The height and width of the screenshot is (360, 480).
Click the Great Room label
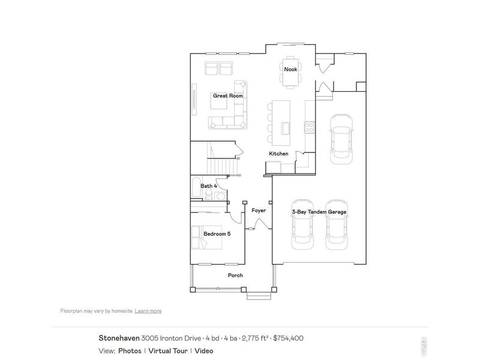pyautogui.click(x=227, y=95)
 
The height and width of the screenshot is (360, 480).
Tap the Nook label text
pyautogui.click(x=290, y=70)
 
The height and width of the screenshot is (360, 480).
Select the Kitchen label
pyautogui.click(x=278, y=154)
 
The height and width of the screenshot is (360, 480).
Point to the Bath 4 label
pyautogui.click(x=208, y=186)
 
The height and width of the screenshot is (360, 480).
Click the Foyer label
pyautogui.click(x=259, y=211)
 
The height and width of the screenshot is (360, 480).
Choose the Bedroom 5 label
pyautogui.click(x=217, y=233)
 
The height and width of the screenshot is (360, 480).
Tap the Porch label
pyautogui.click(x=235, y=275)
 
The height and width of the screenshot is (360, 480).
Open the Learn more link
pyautogui.click(x=148, y=311)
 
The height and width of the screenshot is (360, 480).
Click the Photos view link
pyautogui.click(x=130, y=351)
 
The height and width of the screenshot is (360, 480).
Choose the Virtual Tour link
pyautogui.click(x=167, y=351)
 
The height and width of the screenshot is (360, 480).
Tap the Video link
pyautogui.click(x=203, y=351)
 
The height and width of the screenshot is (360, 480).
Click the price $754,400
pyautogui.click(x=288, y=338)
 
